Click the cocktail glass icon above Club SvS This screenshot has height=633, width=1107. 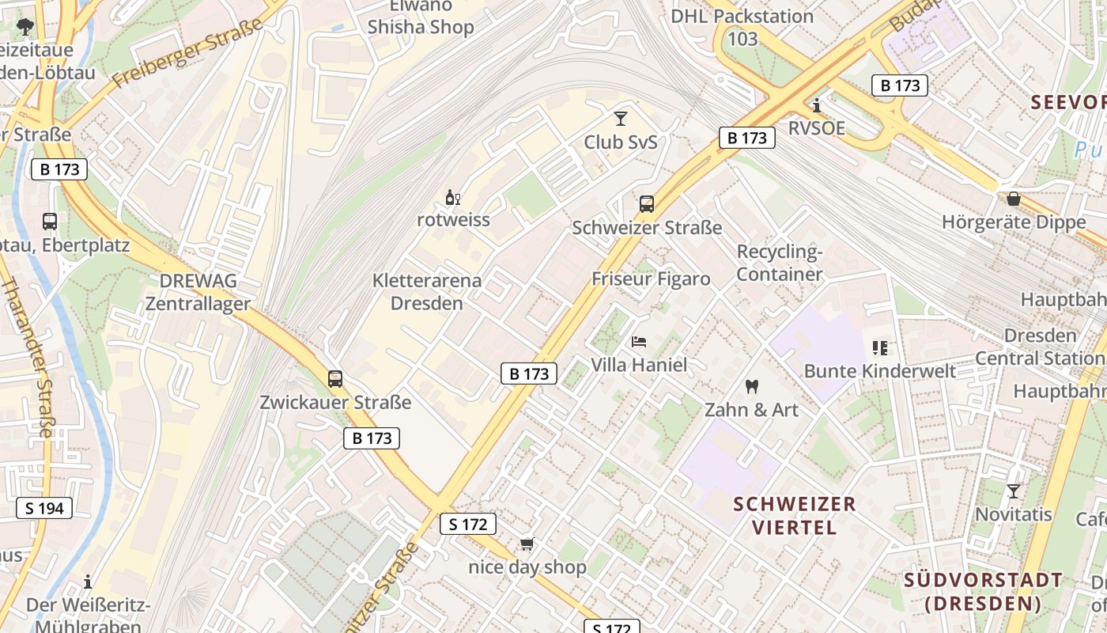click(620, 119)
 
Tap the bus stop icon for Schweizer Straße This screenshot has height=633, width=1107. click(647, 204)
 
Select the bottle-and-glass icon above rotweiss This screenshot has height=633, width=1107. click(453, 197)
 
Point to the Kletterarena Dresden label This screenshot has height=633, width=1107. click(427, 291)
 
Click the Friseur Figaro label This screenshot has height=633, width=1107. click(651, 279)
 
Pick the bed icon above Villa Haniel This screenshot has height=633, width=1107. click(639, 342)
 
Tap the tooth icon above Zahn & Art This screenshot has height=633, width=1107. click(752, 387)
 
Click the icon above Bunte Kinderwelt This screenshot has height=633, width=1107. click(880, 348)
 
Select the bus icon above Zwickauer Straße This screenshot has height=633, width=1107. click(335, 379)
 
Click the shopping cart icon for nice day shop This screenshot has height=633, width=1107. click(527, 544)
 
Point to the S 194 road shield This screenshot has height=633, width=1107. click(44, 508)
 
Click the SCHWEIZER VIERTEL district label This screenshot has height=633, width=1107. click(794, 515)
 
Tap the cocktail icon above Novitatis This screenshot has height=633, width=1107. click(1013, 491)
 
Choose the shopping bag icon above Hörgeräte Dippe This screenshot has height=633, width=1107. click(1014, 199)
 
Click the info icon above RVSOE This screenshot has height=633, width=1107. click(817, 105)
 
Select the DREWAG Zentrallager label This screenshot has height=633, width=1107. click(198, 292)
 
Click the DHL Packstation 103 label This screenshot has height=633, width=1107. click(742, 27)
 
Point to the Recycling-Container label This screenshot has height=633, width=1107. click(780, 263)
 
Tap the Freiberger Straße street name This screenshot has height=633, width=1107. click(187, 54)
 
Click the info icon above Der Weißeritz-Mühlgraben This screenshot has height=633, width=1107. click(88, 582)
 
